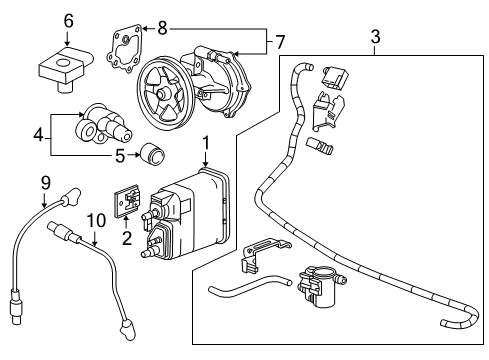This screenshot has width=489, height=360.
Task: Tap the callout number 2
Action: point(126,237)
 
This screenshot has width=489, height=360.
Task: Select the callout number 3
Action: point(375,38)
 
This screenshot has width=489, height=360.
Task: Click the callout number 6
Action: point(68,20)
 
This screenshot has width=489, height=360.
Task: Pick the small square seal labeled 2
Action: point(127,200)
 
